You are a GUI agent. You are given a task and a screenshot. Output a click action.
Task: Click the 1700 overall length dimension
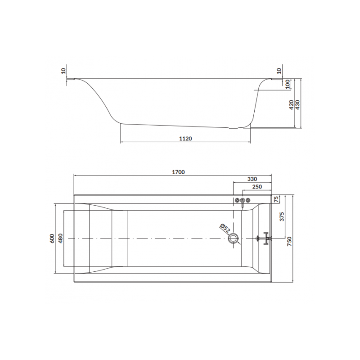point(178,172)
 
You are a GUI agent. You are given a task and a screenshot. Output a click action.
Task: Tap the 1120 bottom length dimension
point(185,139)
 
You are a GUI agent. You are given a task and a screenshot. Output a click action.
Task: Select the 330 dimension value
point(252,179)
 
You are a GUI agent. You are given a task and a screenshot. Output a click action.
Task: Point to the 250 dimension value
point(257,187)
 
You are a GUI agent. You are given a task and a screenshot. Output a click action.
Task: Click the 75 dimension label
point(277,199)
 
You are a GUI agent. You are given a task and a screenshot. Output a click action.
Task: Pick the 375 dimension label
point(282,216)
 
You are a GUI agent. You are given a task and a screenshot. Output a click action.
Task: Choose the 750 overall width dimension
point(289,241)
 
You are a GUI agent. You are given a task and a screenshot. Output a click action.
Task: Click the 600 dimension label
point(52,238)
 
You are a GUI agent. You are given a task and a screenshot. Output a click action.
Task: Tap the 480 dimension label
point(60,238)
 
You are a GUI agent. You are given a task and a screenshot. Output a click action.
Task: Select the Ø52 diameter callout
point(225,229)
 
